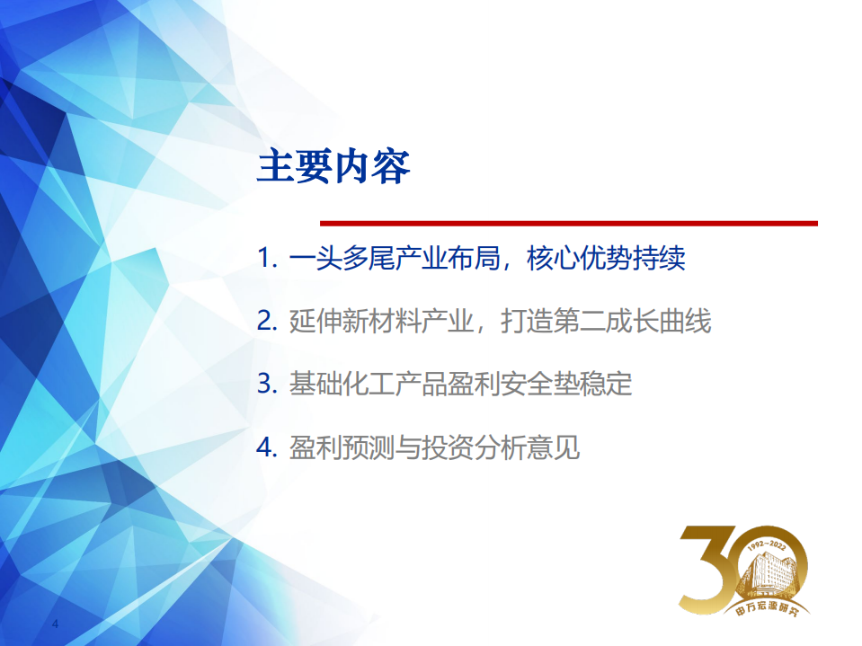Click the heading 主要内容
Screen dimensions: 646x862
point(333,168)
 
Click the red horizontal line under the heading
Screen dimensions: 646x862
point(569,223)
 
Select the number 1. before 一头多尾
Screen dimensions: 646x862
point(267,260)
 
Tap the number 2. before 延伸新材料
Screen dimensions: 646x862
point(267,322)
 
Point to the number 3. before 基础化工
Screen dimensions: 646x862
point(267,384)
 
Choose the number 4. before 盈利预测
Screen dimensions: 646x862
point(267,447)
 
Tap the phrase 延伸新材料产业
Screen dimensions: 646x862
point(380,322)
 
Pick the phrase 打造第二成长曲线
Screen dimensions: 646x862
point(609,322)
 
